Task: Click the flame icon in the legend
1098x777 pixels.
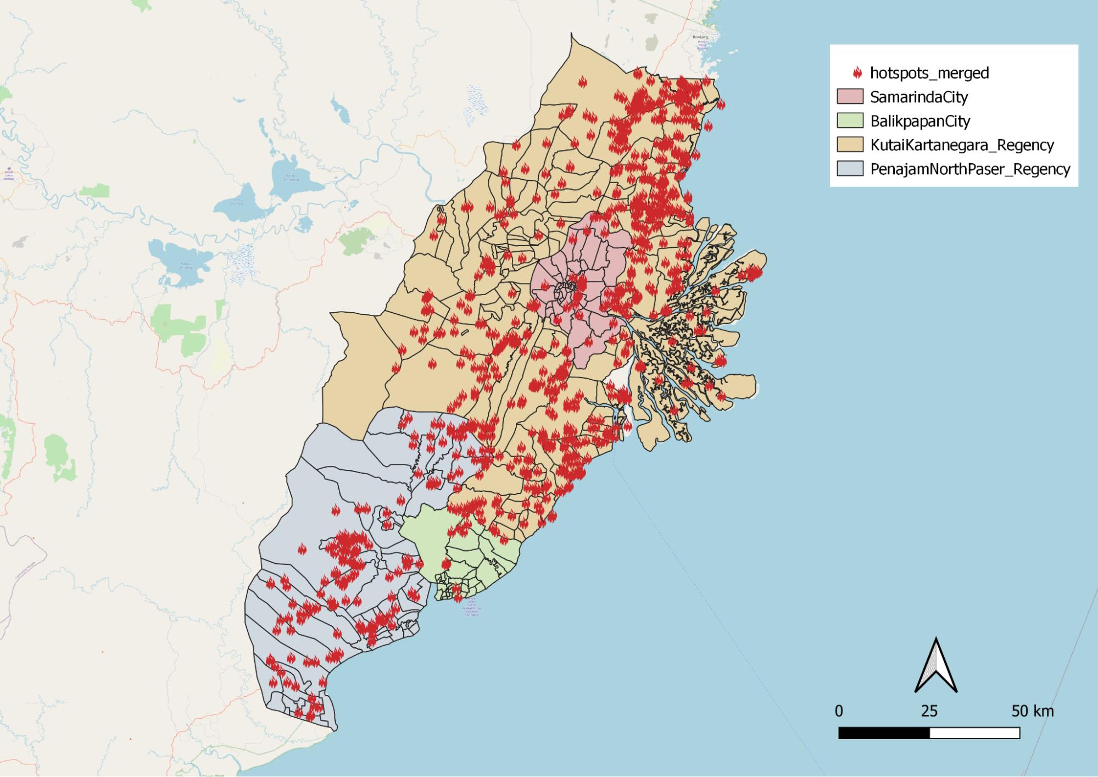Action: pos(857,73)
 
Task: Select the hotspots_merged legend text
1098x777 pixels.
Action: pos(929,73)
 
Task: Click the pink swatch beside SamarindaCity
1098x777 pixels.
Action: pos(850,97)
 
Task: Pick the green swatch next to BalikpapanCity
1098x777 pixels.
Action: pos(850,121)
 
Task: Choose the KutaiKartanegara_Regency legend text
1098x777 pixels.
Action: pos(962,145)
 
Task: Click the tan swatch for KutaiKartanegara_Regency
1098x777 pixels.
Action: pos(850,145)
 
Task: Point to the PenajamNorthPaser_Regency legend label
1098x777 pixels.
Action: pos(970,169)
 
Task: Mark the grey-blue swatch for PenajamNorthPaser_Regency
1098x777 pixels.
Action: pos(850,169)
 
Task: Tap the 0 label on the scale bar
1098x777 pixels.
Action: pos(839,711)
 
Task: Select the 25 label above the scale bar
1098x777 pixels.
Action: pos(929,711)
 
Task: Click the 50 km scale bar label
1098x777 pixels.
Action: pos(1032,711)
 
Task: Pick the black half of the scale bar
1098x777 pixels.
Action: pos(884,733)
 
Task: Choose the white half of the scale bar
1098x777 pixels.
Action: pos(974,733)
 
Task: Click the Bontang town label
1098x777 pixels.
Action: pos(700,37)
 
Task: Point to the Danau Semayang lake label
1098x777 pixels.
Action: pos(291,177)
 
